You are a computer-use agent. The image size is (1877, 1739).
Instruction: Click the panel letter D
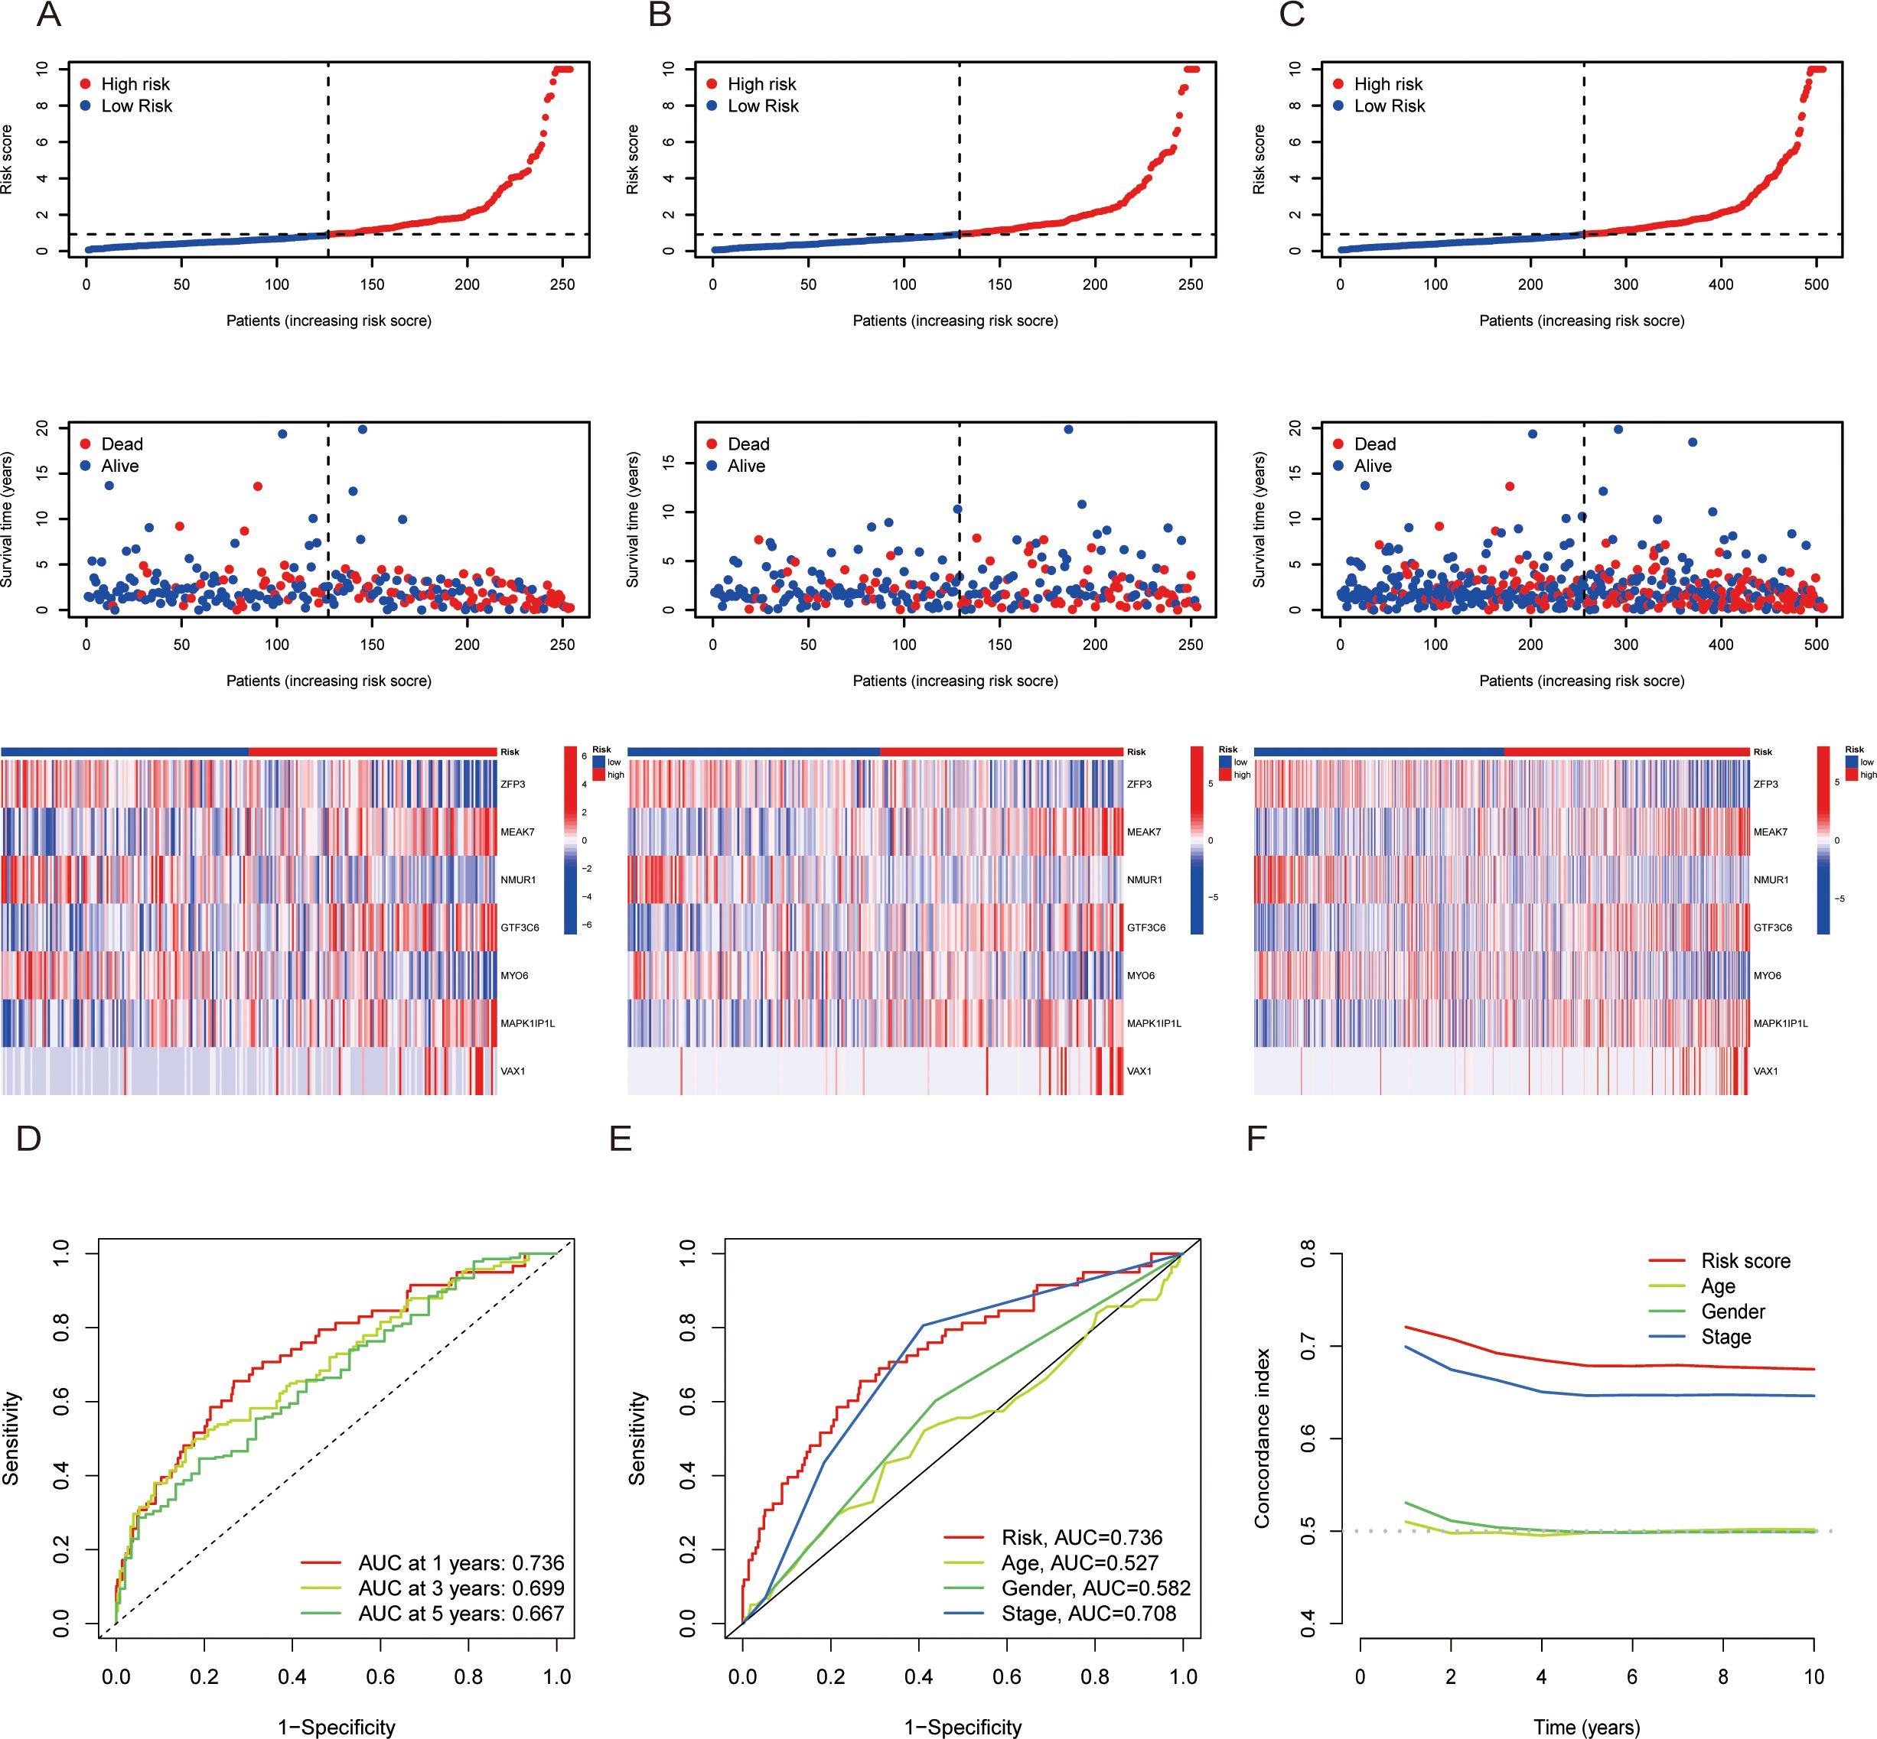(29, 1139)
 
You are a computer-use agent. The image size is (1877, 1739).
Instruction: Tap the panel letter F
(1256, 1139)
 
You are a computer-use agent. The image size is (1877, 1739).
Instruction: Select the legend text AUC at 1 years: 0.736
(461, 1563)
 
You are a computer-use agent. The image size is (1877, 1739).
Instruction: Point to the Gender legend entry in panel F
(1732, 1312)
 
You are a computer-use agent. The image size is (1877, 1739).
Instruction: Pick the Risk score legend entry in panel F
(1745, 1261)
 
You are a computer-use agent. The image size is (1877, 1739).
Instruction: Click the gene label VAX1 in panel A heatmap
(513, 1071)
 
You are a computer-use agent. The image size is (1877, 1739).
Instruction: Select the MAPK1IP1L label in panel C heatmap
(1780, 1023)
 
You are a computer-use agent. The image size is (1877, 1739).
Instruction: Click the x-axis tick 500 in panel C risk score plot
(1816, 284)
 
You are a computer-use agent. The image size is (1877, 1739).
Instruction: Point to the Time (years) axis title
(1586, 1727)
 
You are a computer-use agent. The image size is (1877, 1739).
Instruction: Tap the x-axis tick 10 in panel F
(1813, 1676)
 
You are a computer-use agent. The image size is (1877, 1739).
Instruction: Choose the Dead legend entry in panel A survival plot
(122, 444)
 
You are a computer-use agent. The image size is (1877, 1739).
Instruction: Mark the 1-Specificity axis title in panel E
(962, 1727)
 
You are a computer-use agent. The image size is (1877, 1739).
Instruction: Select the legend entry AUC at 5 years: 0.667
(461, 1614)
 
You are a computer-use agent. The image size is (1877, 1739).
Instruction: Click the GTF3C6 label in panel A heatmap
(520, 928)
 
